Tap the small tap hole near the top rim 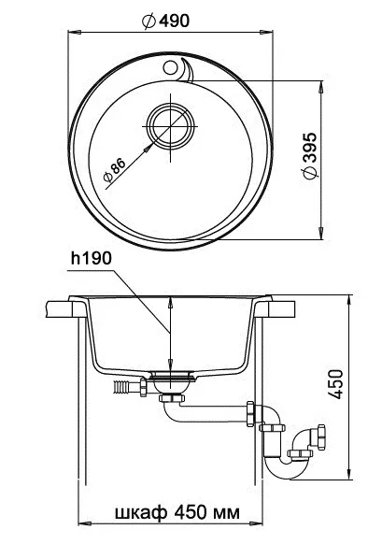pyautogui.click(x=171, y=67)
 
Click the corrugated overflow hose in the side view pyautogui.click(x=121, y=383)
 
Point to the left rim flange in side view pyautogui.click(x=65, y=308)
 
